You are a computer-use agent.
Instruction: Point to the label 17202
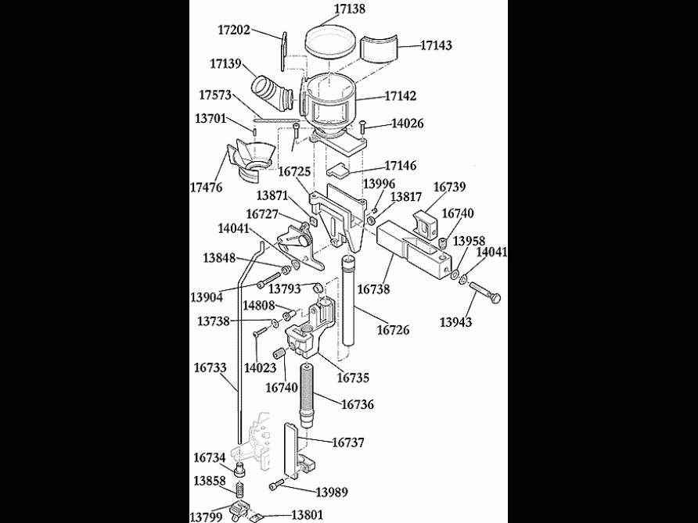point(234,30)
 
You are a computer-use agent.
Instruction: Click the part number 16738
point(373,289)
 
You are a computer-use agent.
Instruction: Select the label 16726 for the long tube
point(393,331)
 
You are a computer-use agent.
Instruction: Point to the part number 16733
point(210,366)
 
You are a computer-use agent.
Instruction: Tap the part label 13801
point(307,515)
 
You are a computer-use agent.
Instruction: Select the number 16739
point(449,187)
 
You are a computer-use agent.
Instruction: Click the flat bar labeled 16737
point(291,451)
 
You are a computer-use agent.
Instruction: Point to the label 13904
point(207,297)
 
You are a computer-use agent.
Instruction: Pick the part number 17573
point(215,95)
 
